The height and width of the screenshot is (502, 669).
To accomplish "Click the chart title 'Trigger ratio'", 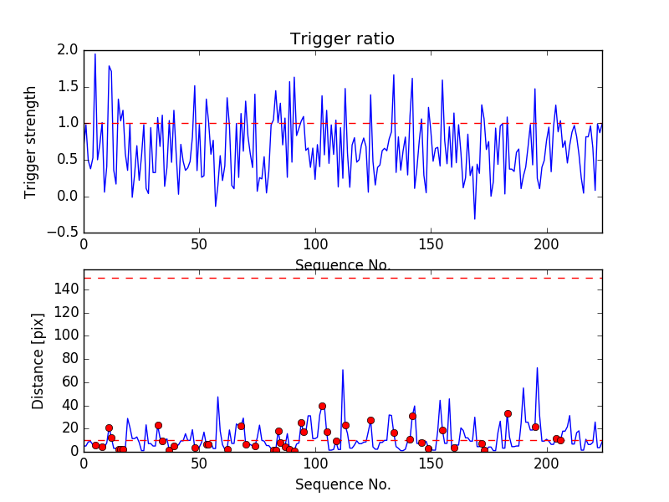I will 342,39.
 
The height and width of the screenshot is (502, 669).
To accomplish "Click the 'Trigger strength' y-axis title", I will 31,141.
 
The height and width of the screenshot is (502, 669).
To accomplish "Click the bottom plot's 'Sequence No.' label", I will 342,484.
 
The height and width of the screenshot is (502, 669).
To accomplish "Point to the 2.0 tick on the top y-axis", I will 68,50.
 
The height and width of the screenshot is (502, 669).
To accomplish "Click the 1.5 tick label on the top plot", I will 68,87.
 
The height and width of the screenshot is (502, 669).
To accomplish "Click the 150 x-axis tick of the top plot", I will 431,245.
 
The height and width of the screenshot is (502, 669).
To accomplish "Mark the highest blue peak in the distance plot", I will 537,367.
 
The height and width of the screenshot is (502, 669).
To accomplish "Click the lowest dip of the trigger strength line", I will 475,219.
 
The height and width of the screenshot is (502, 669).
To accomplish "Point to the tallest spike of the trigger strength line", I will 95,54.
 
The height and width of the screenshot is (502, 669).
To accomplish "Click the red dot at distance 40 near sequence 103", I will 322,406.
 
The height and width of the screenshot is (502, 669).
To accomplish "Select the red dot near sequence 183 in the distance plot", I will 508,413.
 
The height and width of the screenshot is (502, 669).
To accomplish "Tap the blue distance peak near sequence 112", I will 343,369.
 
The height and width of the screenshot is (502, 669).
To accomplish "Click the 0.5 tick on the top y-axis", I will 68,160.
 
